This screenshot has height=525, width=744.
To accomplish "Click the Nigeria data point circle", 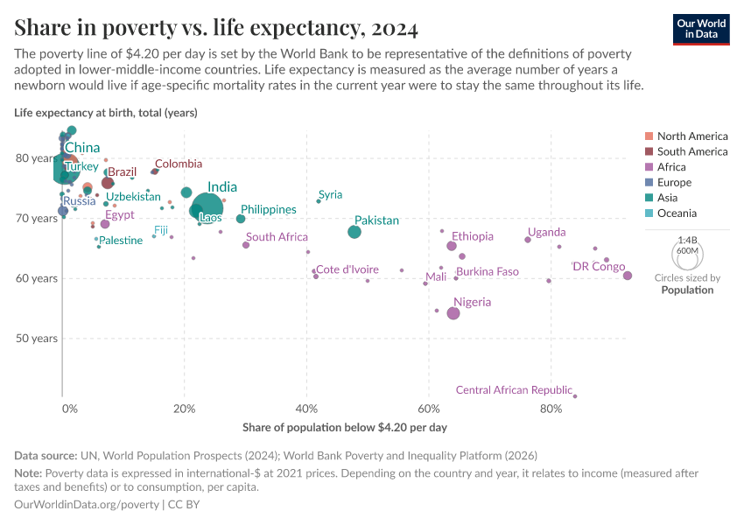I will pos(453,313).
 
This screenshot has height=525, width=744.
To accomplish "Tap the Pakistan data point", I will pos(354,232).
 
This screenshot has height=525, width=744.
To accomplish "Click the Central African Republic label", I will pos(514,390).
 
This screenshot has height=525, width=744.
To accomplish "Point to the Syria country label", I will pos(330,194).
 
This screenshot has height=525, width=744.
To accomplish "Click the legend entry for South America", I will pos(691,151).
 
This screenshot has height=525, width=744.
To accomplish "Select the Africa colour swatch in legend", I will pos(649,167).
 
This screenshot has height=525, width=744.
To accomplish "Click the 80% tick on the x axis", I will pos(551,409).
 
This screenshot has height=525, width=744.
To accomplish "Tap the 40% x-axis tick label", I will pos(306,409).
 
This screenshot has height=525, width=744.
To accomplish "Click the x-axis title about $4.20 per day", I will pos(344,427).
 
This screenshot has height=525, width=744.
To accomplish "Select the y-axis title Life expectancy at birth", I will pos(106,112).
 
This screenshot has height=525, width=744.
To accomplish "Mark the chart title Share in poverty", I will pos(215,28).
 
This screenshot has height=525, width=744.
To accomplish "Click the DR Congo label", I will pos(598,267).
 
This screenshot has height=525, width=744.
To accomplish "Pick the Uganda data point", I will pos(528,240).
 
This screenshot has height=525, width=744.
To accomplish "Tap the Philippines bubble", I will pos(241,219).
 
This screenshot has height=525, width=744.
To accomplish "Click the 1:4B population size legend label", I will pos(687,240).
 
